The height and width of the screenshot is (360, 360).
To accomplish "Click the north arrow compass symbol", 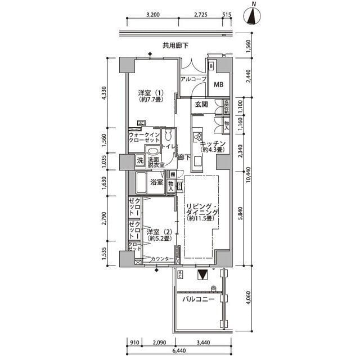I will pos(253,16).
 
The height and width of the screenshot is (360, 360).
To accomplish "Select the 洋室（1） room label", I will pos(150,96).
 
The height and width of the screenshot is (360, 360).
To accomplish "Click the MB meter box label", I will pos(219,85).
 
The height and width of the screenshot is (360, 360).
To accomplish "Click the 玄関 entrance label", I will pos(202,105).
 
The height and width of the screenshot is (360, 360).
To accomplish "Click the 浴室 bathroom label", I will pos(156,182).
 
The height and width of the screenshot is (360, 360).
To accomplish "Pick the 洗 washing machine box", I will pos(139,161).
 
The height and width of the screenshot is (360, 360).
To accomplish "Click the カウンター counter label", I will pos(162,259).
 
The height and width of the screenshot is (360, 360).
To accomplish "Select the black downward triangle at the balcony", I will pos(202,275).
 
